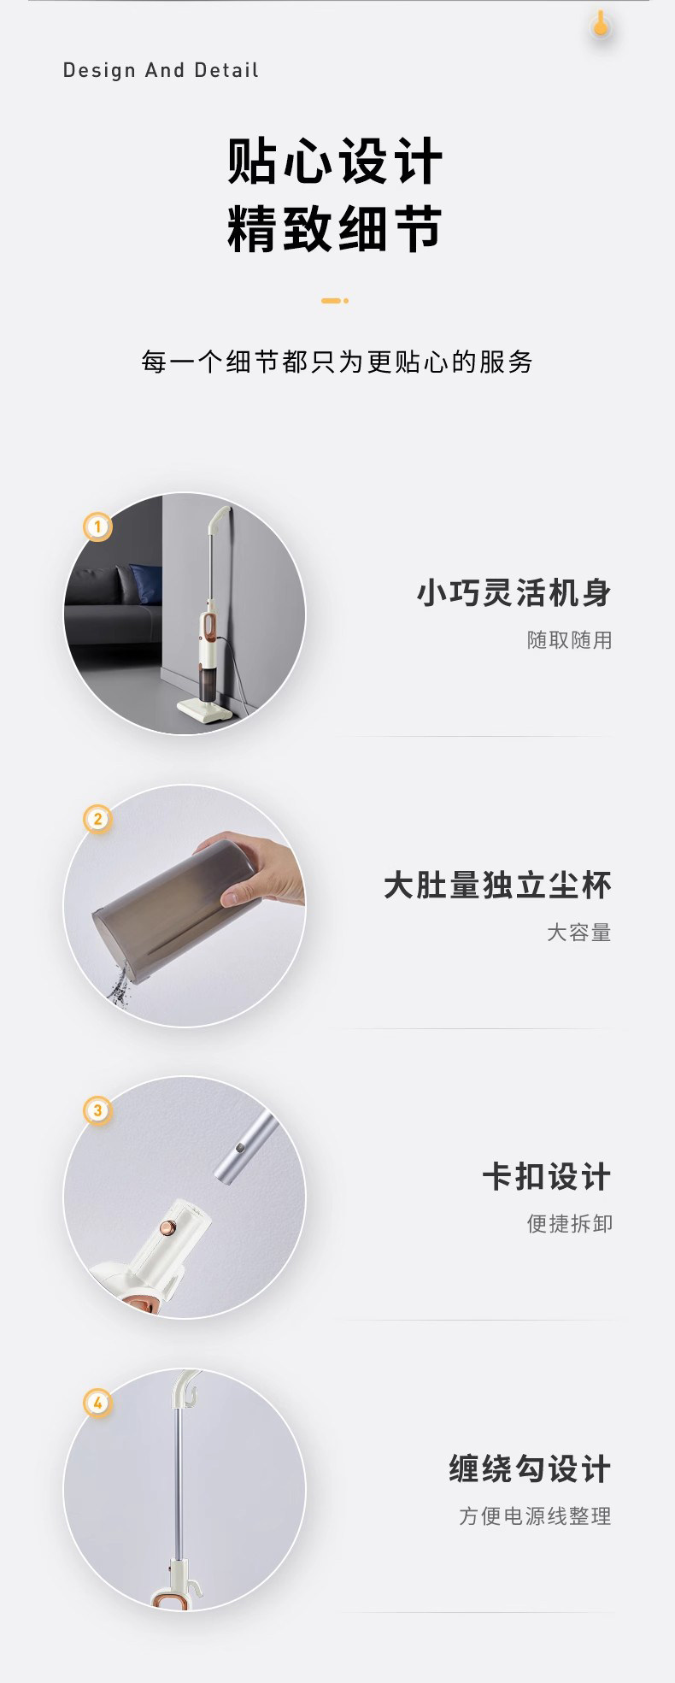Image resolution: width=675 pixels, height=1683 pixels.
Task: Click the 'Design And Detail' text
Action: click(161, 70)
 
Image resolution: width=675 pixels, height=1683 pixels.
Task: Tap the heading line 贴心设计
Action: click(335, 161)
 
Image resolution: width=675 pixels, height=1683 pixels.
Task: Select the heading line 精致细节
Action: click(335, 229)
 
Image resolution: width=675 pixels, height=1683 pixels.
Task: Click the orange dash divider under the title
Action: click(335, 301)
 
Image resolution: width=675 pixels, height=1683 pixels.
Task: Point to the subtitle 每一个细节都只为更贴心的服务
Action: click(337, 362)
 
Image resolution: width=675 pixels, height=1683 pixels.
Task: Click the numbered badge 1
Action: click(97, 527)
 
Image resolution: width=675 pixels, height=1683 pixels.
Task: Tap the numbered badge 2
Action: click(97, 819)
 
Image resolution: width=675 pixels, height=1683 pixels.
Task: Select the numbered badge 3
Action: click(97, 1110)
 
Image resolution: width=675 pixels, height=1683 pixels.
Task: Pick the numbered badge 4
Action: click(97, 1403)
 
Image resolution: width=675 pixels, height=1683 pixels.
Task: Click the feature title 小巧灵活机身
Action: click(514, 593)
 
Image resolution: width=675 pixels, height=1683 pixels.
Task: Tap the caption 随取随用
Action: click(570, 640)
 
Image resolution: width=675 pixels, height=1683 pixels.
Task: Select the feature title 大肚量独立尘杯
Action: click(498, 886)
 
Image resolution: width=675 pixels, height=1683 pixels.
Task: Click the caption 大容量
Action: click(580, 933)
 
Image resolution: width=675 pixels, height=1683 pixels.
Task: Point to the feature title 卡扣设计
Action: click(548, 1177)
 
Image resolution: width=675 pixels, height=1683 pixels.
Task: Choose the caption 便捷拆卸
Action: click(570, 1224)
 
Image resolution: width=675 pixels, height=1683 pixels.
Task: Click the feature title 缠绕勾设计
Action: click(531, 1469)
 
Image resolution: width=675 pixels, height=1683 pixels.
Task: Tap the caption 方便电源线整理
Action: click(536, 1516)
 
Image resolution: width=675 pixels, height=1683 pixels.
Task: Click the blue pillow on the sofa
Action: click(146, 584)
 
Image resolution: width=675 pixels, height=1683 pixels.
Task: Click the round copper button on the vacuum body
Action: click(169, 1228)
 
